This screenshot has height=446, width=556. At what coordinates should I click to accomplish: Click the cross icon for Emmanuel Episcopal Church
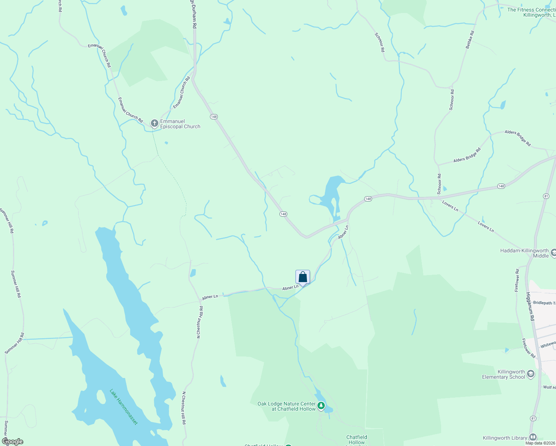tap(154, 123)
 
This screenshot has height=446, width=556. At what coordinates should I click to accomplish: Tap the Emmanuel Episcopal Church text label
tap(180, 124)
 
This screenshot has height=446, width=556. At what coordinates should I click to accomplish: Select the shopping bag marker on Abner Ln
tap(303, 277)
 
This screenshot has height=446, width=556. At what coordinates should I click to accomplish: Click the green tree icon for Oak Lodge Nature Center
tap(321, 405)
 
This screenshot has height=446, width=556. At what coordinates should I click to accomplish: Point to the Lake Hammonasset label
tap(124, 407)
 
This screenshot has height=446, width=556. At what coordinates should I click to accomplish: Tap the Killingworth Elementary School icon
tap(531, 374)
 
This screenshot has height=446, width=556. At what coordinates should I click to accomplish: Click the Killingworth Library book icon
tap(533, 437)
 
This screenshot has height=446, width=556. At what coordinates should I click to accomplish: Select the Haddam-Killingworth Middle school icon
tap(553, 253)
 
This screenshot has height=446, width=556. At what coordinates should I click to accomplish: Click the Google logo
tap(12, 442)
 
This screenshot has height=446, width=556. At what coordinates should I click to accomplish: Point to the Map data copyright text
tap(540, 443)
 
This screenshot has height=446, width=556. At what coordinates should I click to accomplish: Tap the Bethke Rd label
tap(470, 40)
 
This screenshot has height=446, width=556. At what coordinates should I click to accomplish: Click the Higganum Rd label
tap(530, 307)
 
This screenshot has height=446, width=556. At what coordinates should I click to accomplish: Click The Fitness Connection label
tap(531, 13)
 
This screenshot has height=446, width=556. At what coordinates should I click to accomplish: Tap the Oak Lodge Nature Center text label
tap(287, 406)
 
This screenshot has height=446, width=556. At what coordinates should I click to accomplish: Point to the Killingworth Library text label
tap(505, 438)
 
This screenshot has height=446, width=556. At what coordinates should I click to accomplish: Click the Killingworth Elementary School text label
tap(504, 374)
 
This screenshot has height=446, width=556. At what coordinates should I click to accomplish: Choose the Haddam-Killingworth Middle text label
tap(525, 253)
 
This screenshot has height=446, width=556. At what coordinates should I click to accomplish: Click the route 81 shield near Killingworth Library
tap(533, 418)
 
